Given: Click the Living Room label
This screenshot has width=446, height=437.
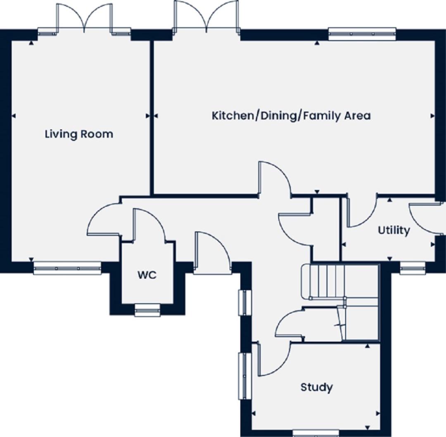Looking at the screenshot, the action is pyautogui.click(x=79, y=134).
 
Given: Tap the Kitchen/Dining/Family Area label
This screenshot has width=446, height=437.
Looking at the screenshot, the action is pyautogui.click(x=291, y=116).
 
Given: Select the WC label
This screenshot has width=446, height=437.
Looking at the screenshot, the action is pyautogui.click(x=147, y=275).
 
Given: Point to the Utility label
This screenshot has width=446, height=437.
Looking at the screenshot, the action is pyautogui.click(x=394, y=230).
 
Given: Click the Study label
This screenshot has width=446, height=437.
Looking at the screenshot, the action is pyautogui.click(x=317, y=387).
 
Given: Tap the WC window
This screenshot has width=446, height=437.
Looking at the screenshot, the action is pyautogui.click(x=147, y=310).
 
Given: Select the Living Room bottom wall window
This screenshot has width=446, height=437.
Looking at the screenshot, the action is pyautogui.click(x=67, y=268).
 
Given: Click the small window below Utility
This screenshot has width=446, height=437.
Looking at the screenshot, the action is pyautogui.click(x=413, y=268).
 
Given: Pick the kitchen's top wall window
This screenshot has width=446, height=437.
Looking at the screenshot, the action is pyautogui.click(x=362, y=33).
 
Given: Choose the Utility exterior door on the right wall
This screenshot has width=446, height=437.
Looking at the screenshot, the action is pyautogui.click(x=425, y=218).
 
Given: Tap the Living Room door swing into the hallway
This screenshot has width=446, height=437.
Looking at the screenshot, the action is pyautogui.click(x=104, y=218).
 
